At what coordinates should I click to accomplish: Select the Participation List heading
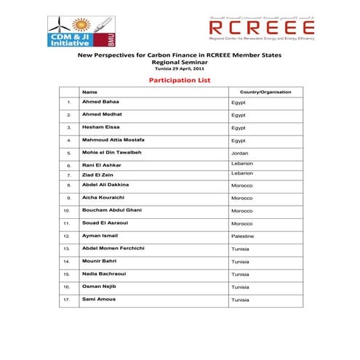point(180,80)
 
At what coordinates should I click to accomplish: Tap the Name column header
point(89,92)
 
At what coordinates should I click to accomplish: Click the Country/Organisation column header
point(265,92)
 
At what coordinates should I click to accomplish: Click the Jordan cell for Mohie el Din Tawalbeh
point(240,153)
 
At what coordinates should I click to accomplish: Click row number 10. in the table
point(67,210)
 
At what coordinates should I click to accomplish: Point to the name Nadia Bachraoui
point(105,273)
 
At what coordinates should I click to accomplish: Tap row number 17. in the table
point(67,300)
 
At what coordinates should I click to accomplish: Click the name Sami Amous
point(98,299)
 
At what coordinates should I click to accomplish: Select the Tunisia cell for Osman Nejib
point(241,287)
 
